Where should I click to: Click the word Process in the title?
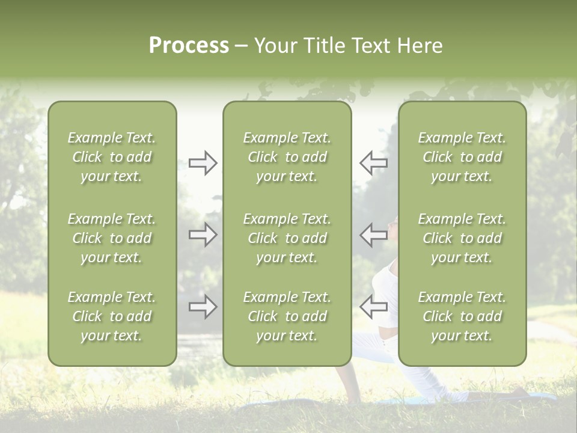pyautogui.click(x=189, y=46)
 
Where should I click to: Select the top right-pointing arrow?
pyautogui.click(x=203, y=163)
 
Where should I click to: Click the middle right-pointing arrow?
pyautogui.click(x=203, y=235)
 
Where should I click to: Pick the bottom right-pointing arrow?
pyautogui.click(x=203, y=307)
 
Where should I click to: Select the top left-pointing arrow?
pyautogui.click(x=373, y=163)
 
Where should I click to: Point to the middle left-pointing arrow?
pyautogui.click(x=373, y=235)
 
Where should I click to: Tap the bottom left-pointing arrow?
pyautogui.click(x=373, y=307)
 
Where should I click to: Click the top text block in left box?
pyautogui.click(x=112, y=157)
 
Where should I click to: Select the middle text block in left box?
pyautogui.click(x=112, y=238)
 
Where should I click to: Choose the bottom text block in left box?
pyautogui.click(x=112, y=316)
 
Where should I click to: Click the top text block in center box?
pyautogui.click(x=287, y=157)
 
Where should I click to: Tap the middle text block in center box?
pyautogui.click(x=287, y=238)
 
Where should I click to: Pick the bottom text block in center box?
pyautogui.click(x=287, y=316)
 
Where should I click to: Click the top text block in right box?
pyautogui.click(x=462, y=157)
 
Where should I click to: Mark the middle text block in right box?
pyautogui.click(x=462, y=238)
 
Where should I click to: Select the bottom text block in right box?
pyautogui.click(x=462, y=316)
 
